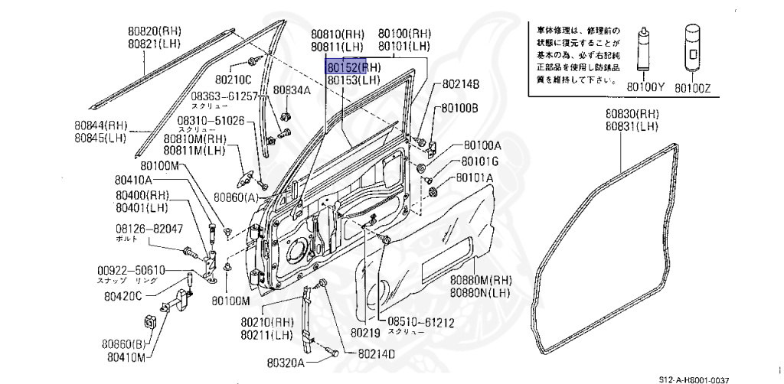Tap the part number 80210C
tap(233, 78)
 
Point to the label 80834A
tap(292, 90)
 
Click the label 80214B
tap(461, 84)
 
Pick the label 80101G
tap(479, 161)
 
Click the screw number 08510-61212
tap(419, 322)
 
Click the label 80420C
tap(124, 296)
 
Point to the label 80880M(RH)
tap(480, 280)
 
